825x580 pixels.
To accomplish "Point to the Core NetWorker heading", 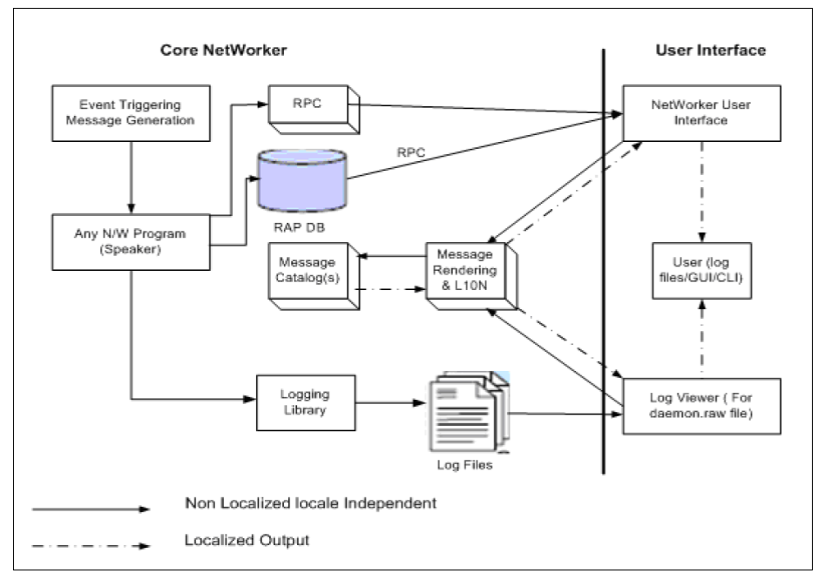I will (223, 50).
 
